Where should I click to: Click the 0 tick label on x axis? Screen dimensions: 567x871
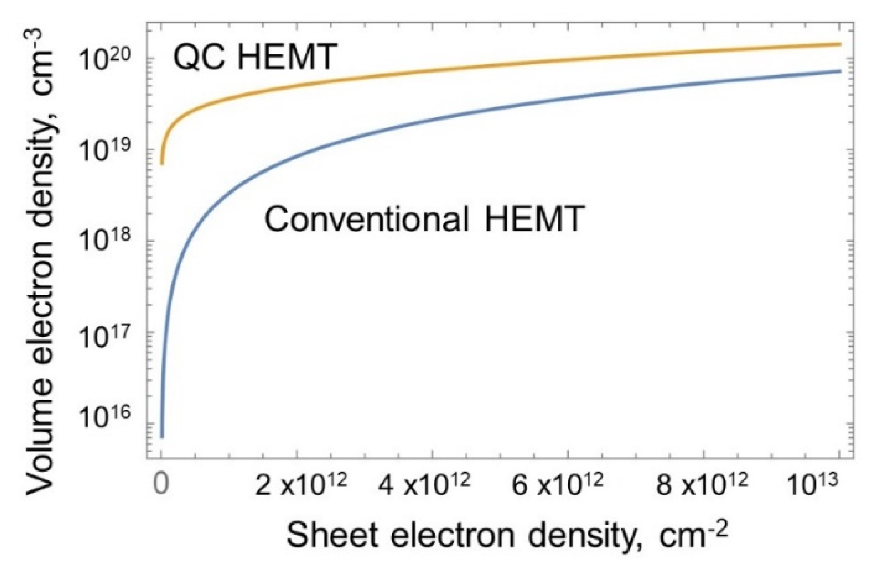pos(161,484)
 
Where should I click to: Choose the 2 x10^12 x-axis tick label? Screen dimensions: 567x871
pos(301,484)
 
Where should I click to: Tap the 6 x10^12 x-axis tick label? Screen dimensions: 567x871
pos(557,484)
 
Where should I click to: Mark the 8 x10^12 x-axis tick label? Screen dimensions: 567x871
pos(701,484)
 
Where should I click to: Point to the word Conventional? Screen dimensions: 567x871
pos(366,219)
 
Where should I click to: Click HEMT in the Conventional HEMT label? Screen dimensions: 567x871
pos(532,219)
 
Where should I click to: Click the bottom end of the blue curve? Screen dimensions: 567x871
pos(162,436)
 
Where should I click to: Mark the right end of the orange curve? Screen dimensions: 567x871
pos(840,44)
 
